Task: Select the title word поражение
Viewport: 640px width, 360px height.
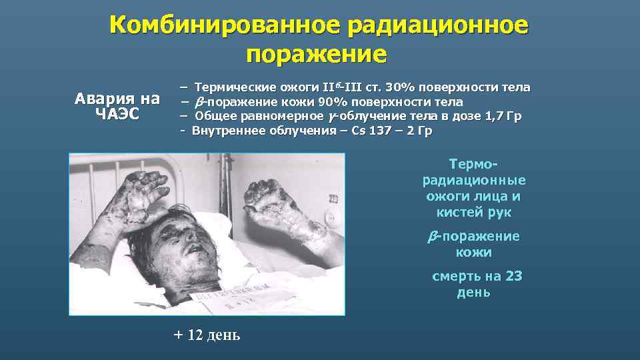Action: (x=316, y=53)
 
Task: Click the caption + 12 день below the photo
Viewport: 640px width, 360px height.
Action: (x=207, y=334)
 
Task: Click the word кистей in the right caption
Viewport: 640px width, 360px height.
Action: (x=457, y=213)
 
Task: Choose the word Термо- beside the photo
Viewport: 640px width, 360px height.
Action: (x=474, y=164)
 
